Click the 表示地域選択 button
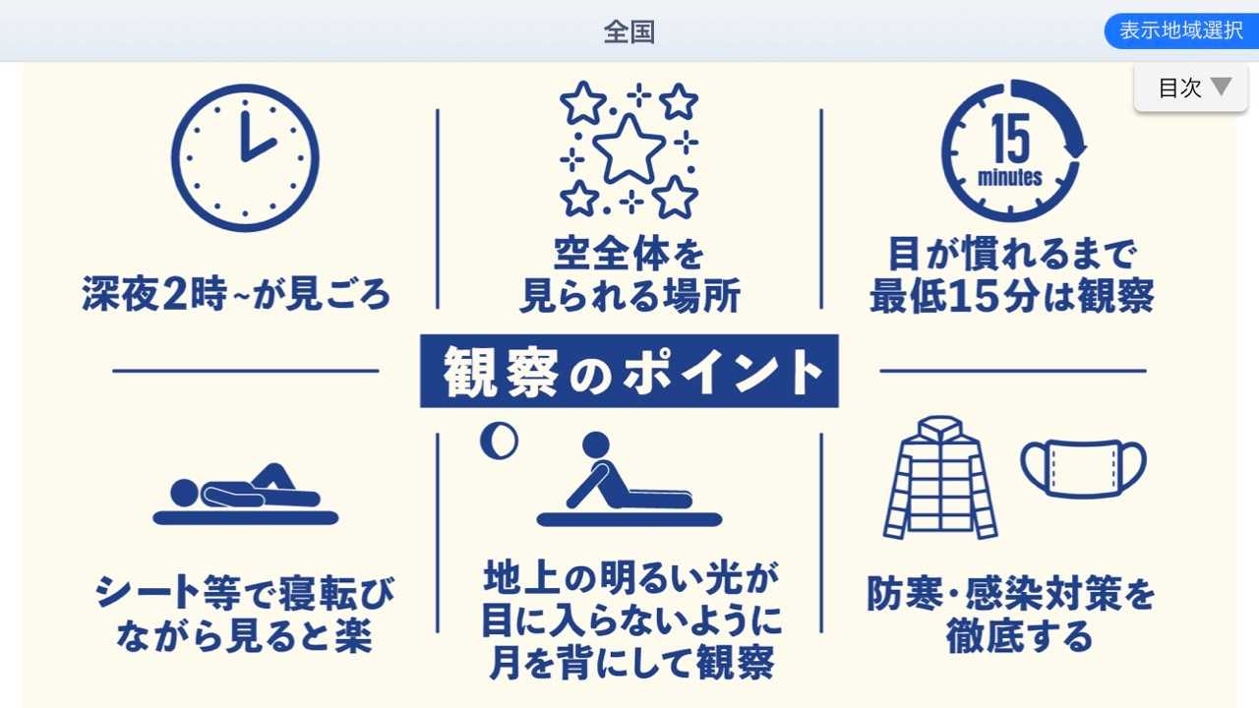click(x=1181, y=30)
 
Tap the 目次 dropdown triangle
click(x=1221, y=87)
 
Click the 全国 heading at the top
click(x=629, y=32)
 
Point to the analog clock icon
click(x=245, y=158)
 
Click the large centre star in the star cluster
click(x=629, y=149)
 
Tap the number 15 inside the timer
click(x=1010, y=139)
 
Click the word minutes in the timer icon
click(x=1010, y=178)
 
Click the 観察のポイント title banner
click(x=629, y=371)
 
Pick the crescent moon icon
click(x=499, y=441)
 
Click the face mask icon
click(x=1083, y=469)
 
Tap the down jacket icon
click(x=940, y=478)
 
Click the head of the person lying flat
click(x=184, y=494)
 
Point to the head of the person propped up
click(x=596, y=445)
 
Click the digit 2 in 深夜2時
click(x=174, y=293)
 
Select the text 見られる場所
click(x=629, y=296)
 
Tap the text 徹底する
click(x=1019, y=636)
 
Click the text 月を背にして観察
click(x=630, y=663)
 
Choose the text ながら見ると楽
click(x=245, y=636)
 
